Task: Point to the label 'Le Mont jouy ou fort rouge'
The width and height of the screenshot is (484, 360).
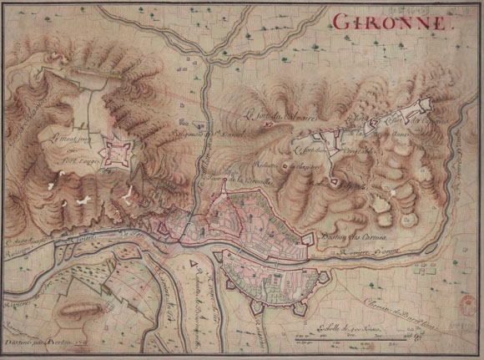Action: [x=68, y=139]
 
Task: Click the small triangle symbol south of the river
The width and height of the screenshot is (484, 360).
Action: [x=194, y=266]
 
